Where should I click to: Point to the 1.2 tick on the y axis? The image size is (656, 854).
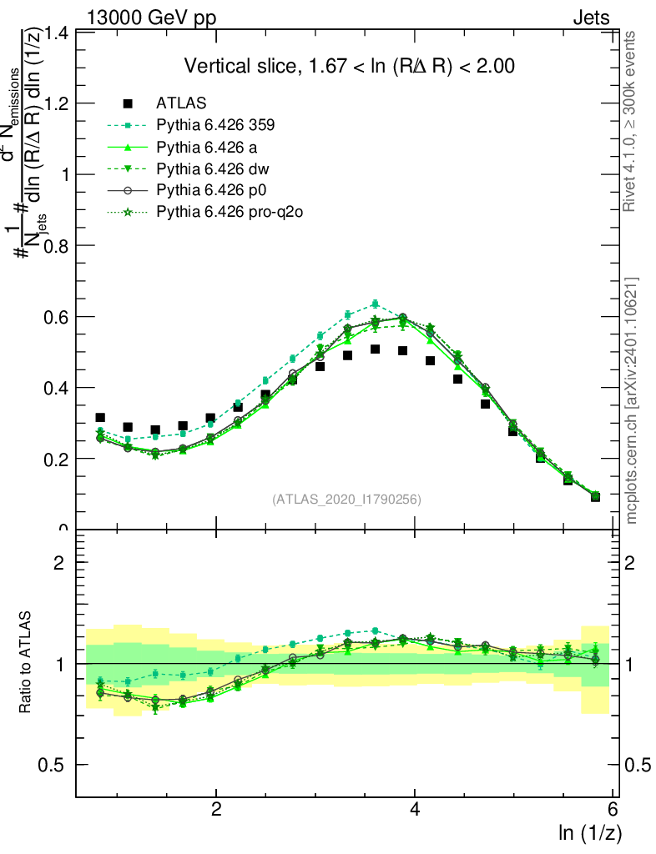coord(58,103)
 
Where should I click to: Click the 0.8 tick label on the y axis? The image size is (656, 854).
coord(58,245)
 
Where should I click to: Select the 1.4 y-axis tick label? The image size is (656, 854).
coord(58,33)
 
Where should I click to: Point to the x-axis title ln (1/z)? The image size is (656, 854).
coord(588,832)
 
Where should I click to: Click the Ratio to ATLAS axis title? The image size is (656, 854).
coord(26,663)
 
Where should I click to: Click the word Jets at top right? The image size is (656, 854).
coord(590,18)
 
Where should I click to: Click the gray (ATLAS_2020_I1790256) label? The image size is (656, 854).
coord(346,500)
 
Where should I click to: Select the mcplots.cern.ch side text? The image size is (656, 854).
coord(632,400)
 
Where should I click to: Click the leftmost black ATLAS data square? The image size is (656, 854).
coord(100,417)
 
